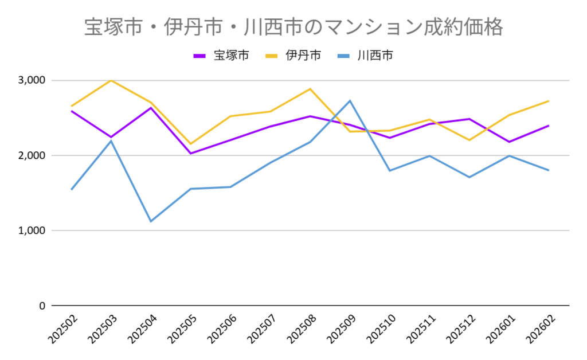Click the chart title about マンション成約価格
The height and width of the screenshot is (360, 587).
[x=293, y=27]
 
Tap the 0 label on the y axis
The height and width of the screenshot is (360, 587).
[x=41, y=306]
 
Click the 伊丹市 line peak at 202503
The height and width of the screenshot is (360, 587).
[x=111, y=80]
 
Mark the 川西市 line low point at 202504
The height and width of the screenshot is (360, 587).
[x=151, y=221]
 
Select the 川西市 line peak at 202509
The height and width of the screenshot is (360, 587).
[x=350, y=101]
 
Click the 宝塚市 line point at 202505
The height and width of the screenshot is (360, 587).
[x=190, y=154]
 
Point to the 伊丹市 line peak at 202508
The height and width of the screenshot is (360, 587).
[x=310, y=89]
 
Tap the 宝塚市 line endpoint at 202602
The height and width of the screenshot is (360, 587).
[x=549, y=126]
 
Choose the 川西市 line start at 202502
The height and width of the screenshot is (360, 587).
[x=72, y=189]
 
